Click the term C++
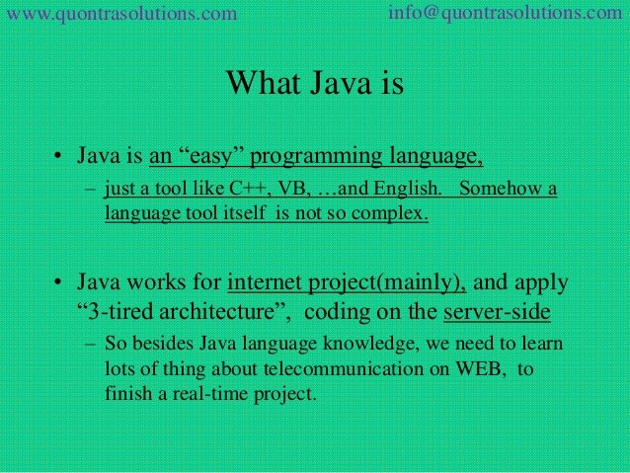click(234, 190)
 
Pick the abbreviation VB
click(276, 190)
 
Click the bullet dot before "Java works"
click(60, 285)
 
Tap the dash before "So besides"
click(89, 348)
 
